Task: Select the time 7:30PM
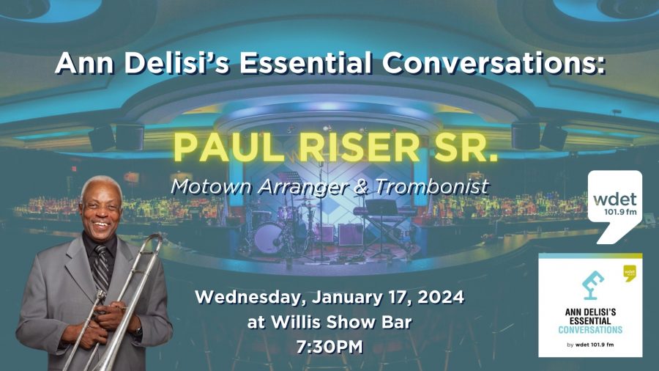click(329, 346)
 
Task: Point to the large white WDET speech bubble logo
click(619, 206)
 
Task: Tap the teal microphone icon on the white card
click(589, 286)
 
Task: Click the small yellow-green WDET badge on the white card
click(629, 272)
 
